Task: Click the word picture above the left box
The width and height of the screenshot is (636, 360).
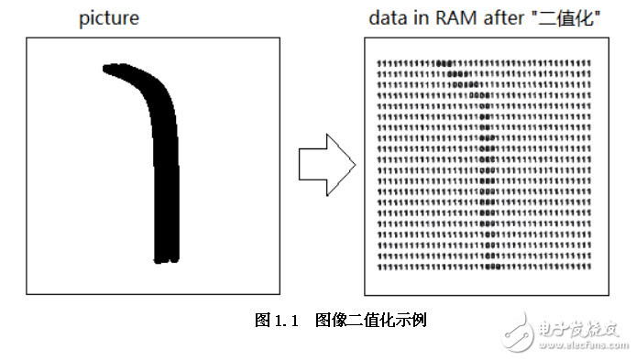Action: (x=108, y=17)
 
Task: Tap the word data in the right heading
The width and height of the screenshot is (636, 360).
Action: (x=387, y=17)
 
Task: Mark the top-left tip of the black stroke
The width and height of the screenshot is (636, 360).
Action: (x=106, y=67)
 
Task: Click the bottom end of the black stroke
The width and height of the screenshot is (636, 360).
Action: (x=165, y=259)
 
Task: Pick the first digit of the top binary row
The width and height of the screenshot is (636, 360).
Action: (x=379, y=62)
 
